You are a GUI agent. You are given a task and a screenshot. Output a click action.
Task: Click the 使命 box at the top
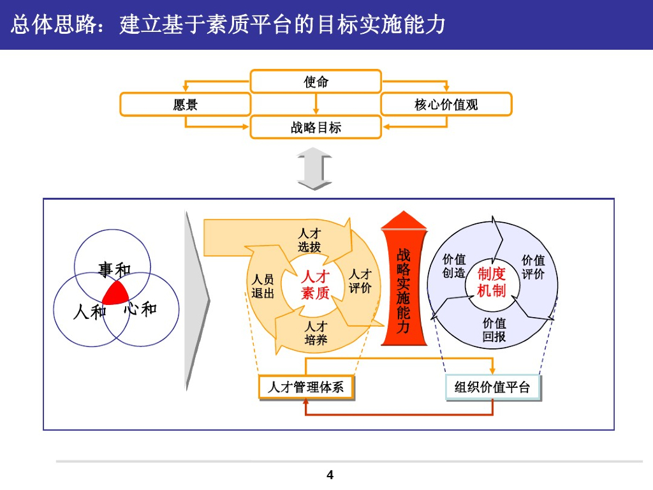(x=316, y=82)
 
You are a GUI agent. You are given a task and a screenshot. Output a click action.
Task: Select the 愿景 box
(x=185, y=105)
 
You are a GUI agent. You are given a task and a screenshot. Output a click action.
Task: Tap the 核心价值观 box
(x=446, y=105)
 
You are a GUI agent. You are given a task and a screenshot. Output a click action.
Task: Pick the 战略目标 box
(x=316, y=128)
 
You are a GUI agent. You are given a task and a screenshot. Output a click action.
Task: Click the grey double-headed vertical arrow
(x=314, y=169)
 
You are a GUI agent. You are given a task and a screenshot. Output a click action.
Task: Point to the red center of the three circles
(x=115, y=294)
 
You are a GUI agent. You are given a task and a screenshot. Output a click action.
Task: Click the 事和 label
(x=114, y=269)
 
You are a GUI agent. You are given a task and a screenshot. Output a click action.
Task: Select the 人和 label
(x=89, y=312)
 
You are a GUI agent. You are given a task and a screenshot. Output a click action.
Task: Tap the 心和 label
(x=140, y=309)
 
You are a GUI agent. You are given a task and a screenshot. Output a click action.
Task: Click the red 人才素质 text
(x=315, y=285)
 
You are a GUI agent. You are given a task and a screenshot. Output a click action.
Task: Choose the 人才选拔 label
(x=309, y=241)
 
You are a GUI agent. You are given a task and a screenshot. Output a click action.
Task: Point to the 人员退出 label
(x=263, y=286)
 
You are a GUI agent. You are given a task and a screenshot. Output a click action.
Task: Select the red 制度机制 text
(x=492, y=282)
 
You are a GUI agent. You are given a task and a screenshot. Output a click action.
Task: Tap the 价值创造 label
(x=454, y=266)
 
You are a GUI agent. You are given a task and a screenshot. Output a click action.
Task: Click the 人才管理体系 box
(x=305, y=387)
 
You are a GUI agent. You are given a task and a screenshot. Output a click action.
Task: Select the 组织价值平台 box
(x=492, y=387)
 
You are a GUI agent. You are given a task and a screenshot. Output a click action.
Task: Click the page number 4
(x=330, y=475)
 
